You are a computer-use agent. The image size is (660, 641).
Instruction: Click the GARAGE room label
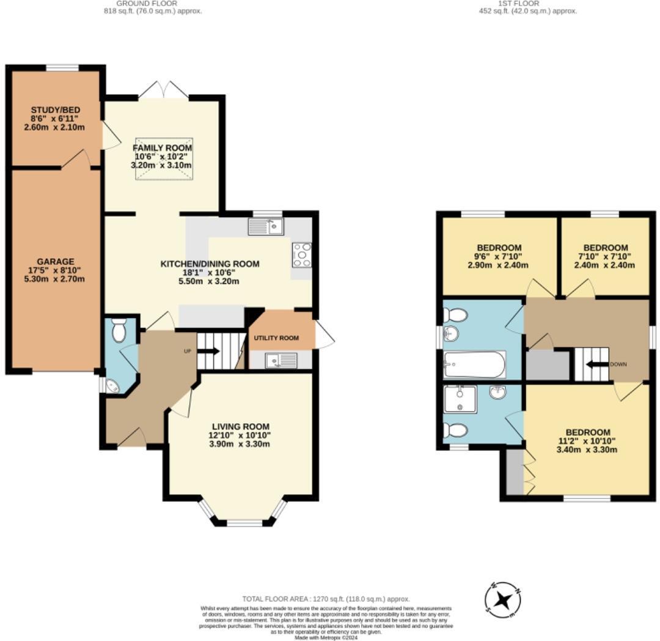click(55, 262)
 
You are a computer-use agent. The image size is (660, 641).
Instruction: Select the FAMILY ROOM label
click(163, 148)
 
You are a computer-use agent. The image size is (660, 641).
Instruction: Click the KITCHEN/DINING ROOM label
click(210, 264)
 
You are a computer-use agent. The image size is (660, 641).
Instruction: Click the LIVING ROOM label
click(241, 426)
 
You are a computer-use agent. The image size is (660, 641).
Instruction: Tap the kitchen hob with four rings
click(302, 255)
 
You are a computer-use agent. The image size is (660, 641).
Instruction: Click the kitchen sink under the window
click(265, 227)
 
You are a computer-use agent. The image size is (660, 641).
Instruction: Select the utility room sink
click(280, 360)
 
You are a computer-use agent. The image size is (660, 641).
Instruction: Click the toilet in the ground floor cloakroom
click(119, 330)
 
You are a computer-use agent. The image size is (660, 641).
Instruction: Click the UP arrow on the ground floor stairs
click(208, 351)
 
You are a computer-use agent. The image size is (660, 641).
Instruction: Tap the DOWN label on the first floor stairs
click(618, 364)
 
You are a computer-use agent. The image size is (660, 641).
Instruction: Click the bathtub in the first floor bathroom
click(475, 365)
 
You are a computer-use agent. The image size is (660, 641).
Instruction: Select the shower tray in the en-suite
click(458, 399)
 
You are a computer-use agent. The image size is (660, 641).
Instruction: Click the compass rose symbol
click(502, 599)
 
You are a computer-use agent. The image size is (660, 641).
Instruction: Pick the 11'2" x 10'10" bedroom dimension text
click(587, 440)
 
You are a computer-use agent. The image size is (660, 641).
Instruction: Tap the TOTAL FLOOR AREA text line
click(326, 599)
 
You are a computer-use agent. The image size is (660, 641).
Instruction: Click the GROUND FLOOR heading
click(138, 3)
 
